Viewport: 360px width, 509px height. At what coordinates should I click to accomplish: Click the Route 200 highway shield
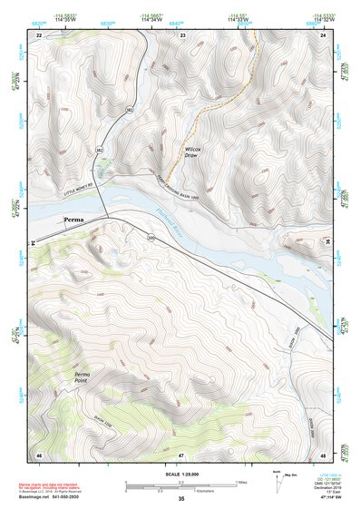(151, 238)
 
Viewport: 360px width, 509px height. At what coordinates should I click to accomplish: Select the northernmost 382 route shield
(130, 110)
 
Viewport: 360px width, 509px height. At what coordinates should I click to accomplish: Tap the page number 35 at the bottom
(180, 500)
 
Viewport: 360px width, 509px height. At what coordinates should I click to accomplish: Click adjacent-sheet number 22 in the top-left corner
(39, 34)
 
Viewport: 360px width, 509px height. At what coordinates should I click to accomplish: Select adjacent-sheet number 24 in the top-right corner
(324, 34)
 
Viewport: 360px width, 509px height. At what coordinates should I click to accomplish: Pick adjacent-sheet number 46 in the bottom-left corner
(39, 454)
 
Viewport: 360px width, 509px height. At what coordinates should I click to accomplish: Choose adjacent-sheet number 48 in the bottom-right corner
(324, 454)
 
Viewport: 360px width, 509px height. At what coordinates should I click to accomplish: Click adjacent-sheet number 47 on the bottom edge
(181, 454)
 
